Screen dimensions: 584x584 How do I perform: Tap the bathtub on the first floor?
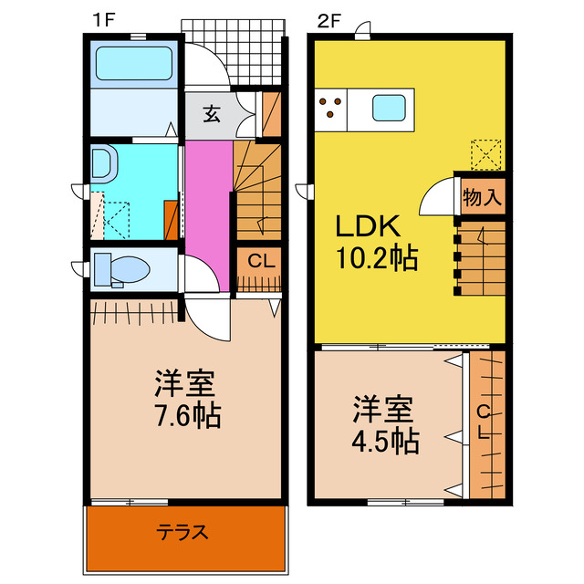pyautogui.click(x=135, y=65)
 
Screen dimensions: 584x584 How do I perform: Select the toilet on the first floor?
pyautogui.click(x=125, y=270)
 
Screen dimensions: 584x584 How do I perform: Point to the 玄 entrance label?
pyautogui.click(x=212, y=114)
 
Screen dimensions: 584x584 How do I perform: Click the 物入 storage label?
pyautogui.click(x=482, y=196)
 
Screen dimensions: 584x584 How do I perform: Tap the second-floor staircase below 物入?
pyautogui.click(x=480, y=259)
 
